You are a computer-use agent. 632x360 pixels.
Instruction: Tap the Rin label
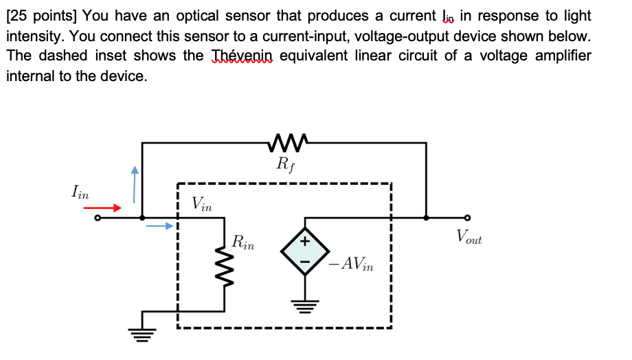pyautogui.click(x=243, y=242)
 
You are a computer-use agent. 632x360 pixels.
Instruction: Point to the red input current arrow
pyautogui.click(x=108, y=207)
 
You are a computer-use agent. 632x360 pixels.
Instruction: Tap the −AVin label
pyautogui.click(x=350, y=263)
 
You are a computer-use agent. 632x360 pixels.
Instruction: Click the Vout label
pyautogui.click(x=469, y=238)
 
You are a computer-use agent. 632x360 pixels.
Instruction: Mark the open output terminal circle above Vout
pyautogui.click(x=469, y=217)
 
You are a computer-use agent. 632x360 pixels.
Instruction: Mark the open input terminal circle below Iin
pyautogui.click(x=97, y=218)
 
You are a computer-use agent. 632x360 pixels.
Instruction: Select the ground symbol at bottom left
pyautogui.click(x=143, y=336)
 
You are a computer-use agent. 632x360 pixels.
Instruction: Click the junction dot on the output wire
pyautogui.click(x=427, y=217)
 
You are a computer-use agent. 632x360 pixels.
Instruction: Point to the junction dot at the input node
pyautogui.click(x=142, y=217)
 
